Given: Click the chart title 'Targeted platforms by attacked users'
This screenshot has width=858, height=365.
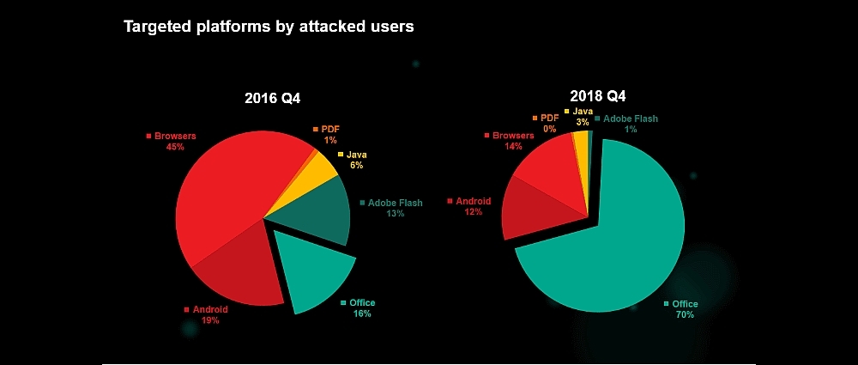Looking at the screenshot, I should pyautogui.click(x=269, y=27).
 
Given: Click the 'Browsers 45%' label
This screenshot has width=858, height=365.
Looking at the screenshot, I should pyautogui.click(x=175, y=141).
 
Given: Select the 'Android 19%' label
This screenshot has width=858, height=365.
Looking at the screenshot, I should pyautogui.click(x=209, y=314).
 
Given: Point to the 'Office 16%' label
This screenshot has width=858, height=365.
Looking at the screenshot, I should pyautogui.click(x=361, y=308).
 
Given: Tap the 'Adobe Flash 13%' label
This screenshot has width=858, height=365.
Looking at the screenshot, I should pyautogui.click(x=395, y=208).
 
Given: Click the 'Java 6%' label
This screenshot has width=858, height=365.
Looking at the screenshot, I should pyautogui.click(x=356, y=159).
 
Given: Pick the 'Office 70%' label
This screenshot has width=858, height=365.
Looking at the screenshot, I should pyautogui.click(x=685, y=309).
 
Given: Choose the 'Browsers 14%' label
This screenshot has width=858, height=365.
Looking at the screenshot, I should pyautogui.click(x=513, y=141).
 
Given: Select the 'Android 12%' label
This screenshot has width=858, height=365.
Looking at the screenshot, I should pyautogui.click(x=473, y=206).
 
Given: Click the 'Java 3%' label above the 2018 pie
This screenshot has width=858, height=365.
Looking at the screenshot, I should pyautogui.click(x=583, y=117).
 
